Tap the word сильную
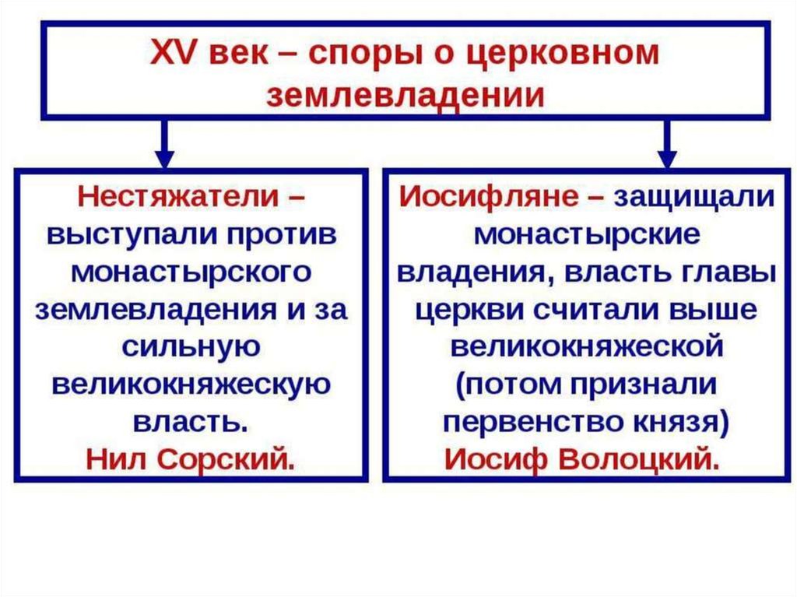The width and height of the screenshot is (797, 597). click(191, 346)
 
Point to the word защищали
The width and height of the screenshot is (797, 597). click(694, 196)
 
